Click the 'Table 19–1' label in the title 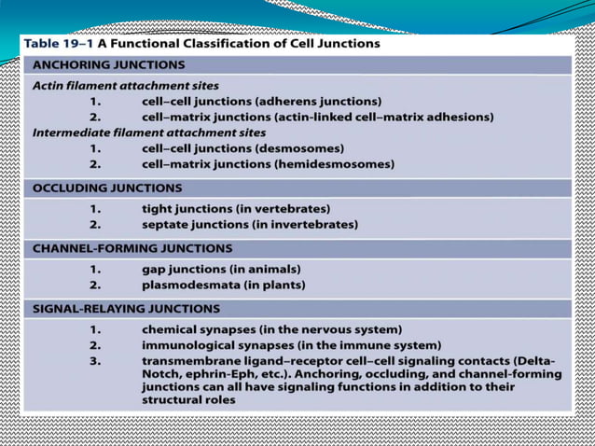(x=57, y=43)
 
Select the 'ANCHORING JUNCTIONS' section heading (x=109, y=65)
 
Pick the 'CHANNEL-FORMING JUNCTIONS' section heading (x=132, y=248)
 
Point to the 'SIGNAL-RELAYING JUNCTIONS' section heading (x=127, y=308)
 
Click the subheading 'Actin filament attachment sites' (x=126, y=86)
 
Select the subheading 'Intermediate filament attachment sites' (x=149, y=132)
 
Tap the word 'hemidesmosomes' (x=333, y=164)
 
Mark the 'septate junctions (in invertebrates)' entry (x=249, y=225)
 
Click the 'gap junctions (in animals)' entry (x=223, y=269)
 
